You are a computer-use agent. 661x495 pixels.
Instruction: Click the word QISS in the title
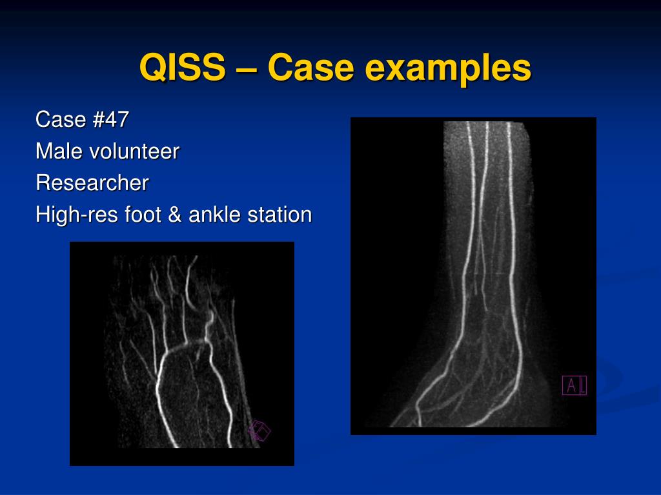[x=183, y=68]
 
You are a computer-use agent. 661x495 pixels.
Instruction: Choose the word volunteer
[x=134, y=152]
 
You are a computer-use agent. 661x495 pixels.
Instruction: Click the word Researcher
[x=92, y=183]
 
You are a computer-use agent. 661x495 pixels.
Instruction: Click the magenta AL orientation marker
[x=575, y=385]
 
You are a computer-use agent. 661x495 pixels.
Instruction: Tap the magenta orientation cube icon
[x=259, y=431]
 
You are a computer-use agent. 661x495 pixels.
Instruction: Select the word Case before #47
[x=61, y=120]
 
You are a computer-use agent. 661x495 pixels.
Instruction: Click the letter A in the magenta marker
[x=569, y=385]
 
